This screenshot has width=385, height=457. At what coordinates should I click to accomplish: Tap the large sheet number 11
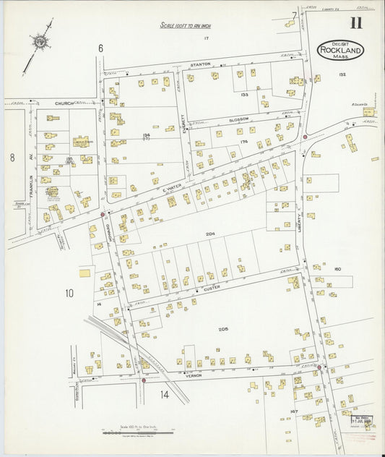(x=356, y=22)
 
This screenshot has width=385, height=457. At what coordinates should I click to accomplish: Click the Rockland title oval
(x=341, y=50)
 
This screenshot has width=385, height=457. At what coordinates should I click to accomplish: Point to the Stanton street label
(x=200, y=64)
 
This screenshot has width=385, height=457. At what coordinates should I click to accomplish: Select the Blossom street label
(x=238, y=119)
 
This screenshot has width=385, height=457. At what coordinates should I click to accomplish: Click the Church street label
(x=65, y=103)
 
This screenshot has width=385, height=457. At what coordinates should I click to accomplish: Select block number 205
(x=223, y=329)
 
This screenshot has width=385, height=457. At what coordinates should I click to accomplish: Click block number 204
(x=210, y=234)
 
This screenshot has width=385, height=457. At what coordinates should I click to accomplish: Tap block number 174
(x=244, y=142)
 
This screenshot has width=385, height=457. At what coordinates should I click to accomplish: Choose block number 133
(x=244, y=94)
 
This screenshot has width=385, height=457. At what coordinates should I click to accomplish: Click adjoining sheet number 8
(x=12, y=156)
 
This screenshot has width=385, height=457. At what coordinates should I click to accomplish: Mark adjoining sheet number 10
(x=69, y=293)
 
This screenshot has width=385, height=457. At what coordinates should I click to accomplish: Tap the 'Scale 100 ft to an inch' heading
(x=186, y=25)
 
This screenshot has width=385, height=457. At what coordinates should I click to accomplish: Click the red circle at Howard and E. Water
(x=103, y=214)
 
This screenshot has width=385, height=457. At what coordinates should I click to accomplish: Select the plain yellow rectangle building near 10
(x=85, y=273)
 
